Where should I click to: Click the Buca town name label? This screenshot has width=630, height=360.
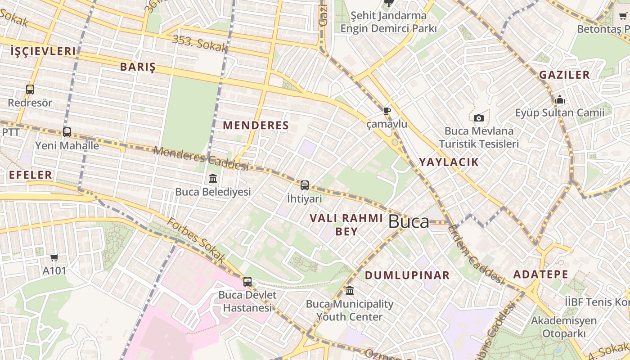pyautogui.click(x=408, y=221)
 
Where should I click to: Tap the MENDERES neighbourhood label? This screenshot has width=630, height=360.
pyautogui.click(x=256, y=126)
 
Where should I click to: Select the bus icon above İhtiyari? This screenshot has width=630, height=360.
pyautogui.click(x=305, y=185)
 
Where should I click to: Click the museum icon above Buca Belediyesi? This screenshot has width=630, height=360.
pyautogui.click(x=213, y=179)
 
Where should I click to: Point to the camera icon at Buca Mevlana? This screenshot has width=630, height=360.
pyautogui.click(x=479, y=118)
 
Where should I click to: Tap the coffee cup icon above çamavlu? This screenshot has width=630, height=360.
pyautogui.click(x=387, y=111)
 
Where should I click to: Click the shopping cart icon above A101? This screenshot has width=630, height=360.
pyautogui.click(x=54, y=258)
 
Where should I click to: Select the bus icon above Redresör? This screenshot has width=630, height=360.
pyautogui.click(x=30, y=90)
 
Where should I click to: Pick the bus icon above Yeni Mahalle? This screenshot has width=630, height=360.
pyautogui.click(x=67, y=132)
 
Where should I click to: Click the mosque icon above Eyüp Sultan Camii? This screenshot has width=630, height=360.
pyautogui.click(x=560, y=99)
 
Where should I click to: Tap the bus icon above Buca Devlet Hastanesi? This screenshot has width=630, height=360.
pyautogui.click(x=247, y=282)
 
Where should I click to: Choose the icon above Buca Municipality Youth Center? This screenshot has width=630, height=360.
pyautogui.click(x=350, y=290)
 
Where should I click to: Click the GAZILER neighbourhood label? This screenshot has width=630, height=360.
pyautogui.click(x=564, y=75)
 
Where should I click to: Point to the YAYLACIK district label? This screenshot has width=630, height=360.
pyautogui.click(x=449, y=162)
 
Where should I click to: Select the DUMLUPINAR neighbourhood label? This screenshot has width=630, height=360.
pyautogui.click(x=407, y=275)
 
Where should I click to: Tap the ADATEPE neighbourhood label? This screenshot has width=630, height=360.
pyautogui.click(x=541, y=274)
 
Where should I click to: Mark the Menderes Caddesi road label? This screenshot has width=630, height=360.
pyautogui.click(x=201, y=159)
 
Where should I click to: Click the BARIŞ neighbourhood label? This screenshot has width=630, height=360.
pyautogui.click(x=138, y=67)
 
